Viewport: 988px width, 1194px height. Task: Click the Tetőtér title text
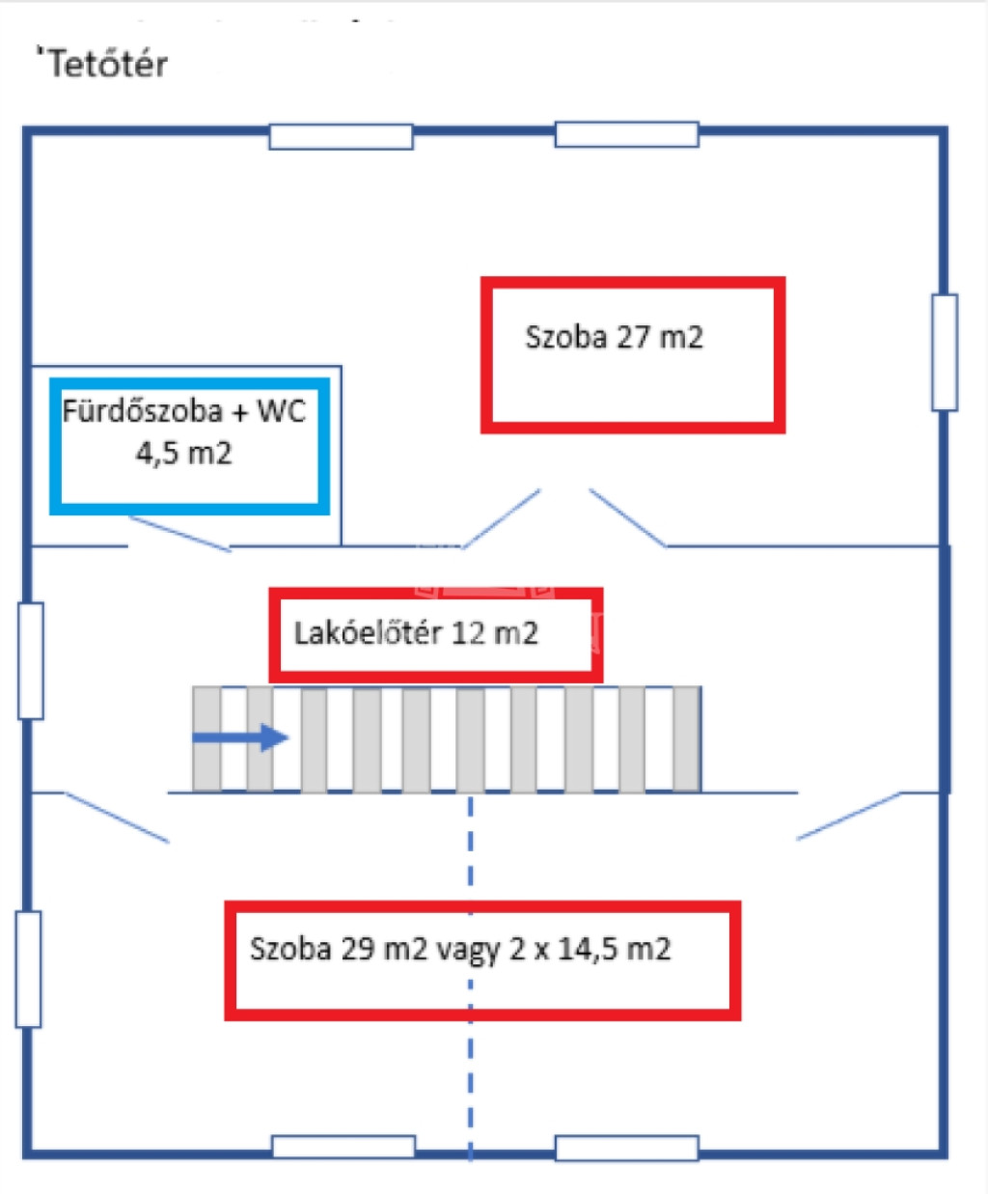click(x=108, y=63)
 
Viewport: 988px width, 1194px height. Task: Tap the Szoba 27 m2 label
click(x=614, y=337)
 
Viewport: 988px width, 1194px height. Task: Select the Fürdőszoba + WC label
click(x=184, y=410)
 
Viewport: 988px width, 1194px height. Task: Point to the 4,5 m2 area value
click(x=184, y=454)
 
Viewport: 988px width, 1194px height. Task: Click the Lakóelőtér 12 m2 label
click(x=416, y=633)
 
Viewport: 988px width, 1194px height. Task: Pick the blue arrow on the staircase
click(x=240, y=737)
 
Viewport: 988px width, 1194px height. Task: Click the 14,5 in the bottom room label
click(x=589, y=949)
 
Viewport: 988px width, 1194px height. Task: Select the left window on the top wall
click(x=342, y=137)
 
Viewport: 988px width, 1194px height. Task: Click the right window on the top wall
click(x=626, y=134)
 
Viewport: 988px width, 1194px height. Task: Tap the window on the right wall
click(x=945, y=352)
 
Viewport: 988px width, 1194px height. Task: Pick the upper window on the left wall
click(x=31, y=660)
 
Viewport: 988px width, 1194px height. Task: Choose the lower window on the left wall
click(x=29, y=969)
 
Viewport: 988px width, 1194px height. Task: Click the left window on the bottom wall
click(x=343, y=1147)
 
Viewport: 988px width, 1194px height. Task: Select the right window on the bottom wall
click(x=626, y=1148)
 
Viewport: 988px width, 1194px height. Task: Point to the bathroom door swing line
click(x=179, y=534)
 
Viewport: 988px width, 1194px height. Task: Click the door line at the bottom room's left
click(x=117, y=818)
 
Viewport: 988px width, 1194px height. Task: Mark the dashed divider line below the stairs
click(x=470, y=978)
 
